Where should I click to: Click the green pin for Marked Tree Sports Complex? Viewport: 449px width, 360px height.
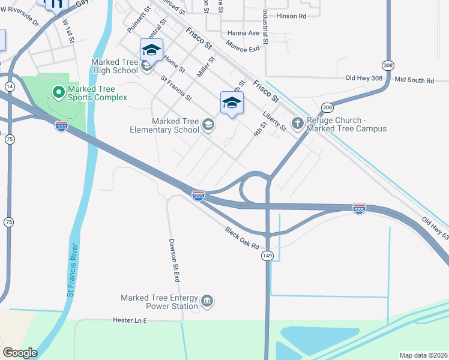tap(58, 92)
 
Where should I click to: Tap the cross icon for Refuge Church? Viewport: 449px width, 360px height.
tap(297, 123)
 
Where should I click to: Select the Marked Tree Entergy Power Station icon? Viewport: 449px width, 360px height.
tap(207, 301)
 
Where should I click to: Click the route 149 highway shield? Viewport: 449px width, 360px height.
tap(267, 256)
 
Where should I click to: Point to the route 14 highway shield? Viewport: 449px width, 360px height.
tap(9, 87)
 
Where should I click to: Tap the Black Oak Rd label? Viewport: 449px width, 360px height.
tap(242, 238)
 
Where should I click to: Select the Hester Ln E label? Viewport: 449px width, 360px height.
tap(130, 320)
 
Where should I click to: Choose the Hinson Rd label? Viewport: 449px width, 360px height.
tap(291, 16)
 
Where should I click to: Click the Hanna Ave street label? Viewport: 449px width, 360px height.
tap(243, 33)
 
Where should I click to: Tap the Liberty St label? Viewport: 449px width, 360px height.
tap(274, 120)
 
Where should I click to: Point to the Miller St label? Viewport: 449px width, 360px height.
tap(206, 67)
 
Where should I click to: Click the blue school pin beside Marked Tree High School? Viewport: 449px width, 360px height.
tap(151, 50)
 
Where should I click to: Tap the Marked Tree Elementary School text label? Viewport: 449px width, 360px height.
tap(175, 125)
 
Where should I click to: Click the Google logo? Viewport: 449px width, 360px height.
tap(20, 353)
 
